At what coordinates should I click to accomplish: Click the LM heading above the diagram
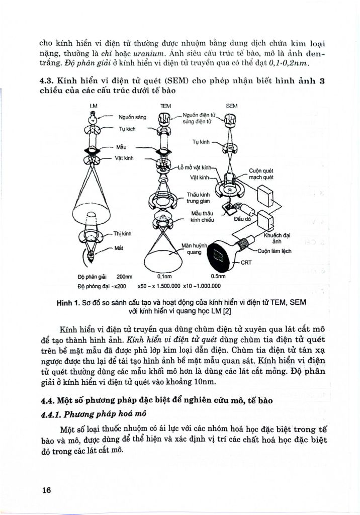point(93,106)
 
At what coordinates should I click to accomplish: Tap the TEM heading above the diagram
point(165,106)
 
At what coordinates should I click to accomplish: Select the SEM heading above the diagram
point(232,106)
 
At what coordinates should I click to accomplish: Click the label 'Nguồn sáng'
point(132,117)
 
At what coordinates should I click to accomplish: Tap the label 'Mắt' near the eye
point(119,248)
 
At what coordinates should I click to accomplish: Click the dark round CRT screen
point(217,253)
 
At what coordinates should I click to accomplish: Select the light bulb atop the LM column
point(93,118)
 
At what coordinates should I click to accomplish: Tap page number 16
point(47,490)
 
